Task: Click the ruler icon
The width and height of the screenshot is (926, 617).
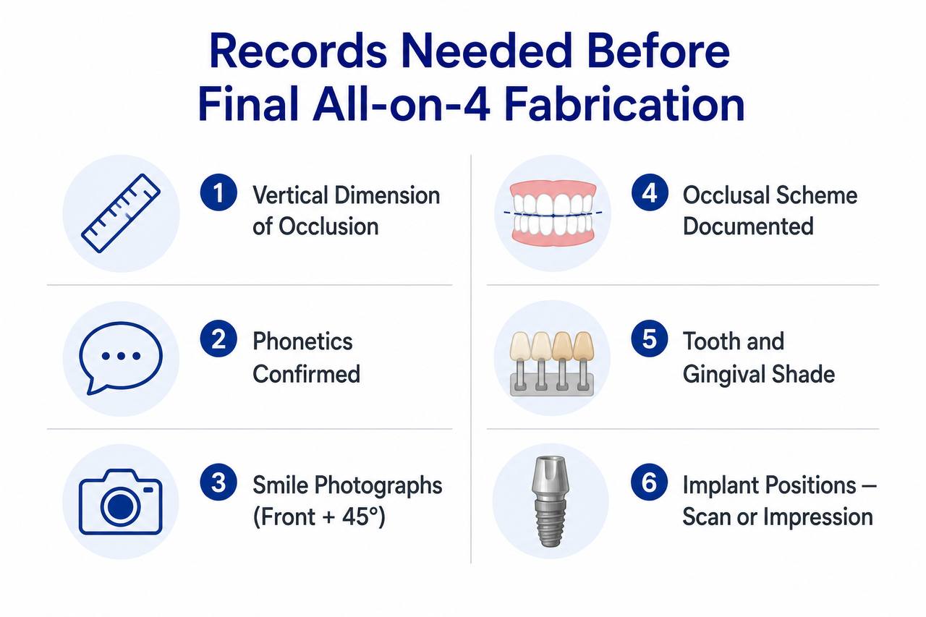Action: coord(121,213)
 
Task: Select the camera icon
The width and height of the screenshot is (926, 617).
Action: coord(120,502)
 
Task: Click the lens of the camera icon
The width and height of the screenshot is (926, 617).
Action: coord(120,506)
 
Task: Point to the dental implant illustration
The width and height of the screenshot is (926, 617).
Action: coord(551,502)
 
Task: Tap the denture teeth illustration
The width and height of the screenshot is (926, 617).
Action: coord(553,213)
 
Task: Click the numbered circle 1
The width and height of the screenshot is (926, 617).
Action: coord(218,192)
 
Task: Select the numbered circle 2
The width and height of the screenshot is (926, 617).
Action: coord(218,339)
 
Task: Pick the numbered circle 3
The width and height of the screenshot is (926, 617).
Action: coord(218,482)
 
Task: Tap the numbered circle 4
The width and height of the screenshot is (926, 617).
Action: coord(650,192)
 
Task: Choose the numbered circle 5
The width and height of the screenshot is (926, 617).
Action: coord(650,339)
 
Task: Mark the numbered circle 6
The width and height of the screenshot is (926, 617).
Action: coord(650,482)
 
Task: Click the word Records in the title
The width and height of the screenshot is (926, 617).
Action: coord(299,51)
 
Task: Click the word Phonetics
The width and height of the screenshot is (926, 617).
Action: coord(302,341)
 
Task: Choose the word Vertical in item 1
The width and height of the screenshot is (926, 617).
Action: coord(292,195)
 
